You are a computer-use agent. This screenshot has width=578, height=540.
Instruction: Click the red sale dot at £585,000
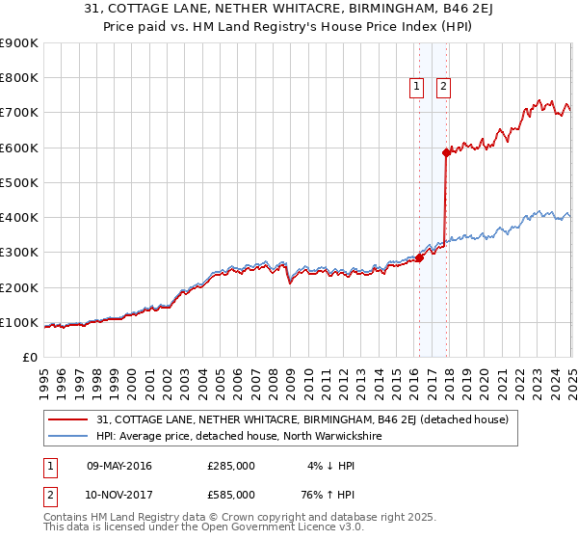coord(446,152)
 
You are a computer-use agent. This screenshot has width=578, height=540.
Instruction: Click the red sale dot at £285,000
coord(419,257)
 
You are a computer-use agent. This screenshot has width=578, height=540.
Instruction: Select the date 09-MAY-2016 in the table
coord(119,466)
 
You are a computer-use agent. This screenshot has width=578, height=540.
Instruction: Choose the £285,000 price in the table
coord(231,466)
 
